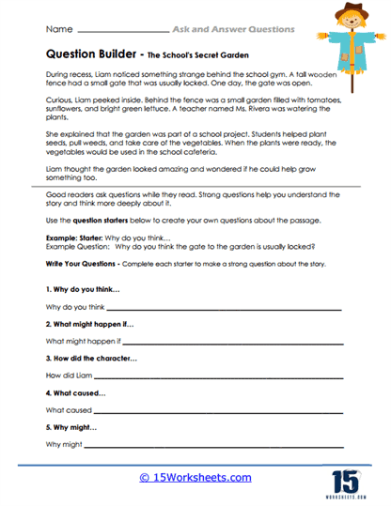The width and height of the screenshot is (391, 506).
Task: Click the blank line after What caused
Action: point(225,410)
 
